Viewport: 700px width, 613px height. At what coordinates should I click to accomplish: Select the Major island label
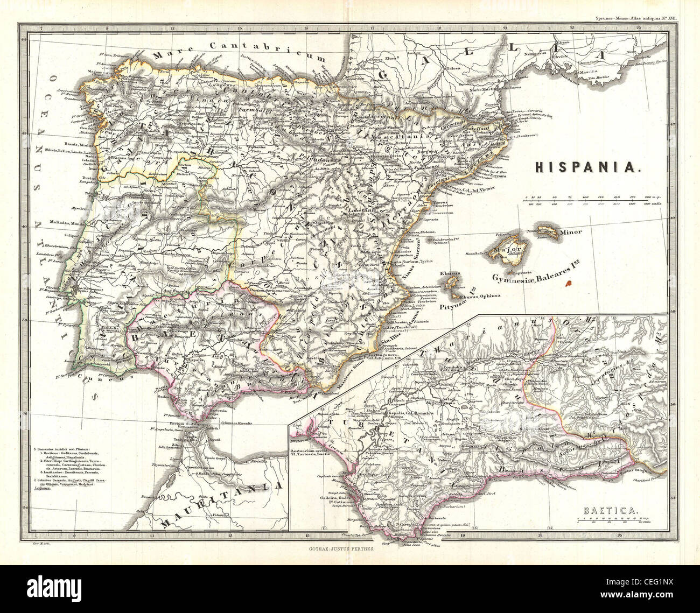[x=512, y=250]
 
